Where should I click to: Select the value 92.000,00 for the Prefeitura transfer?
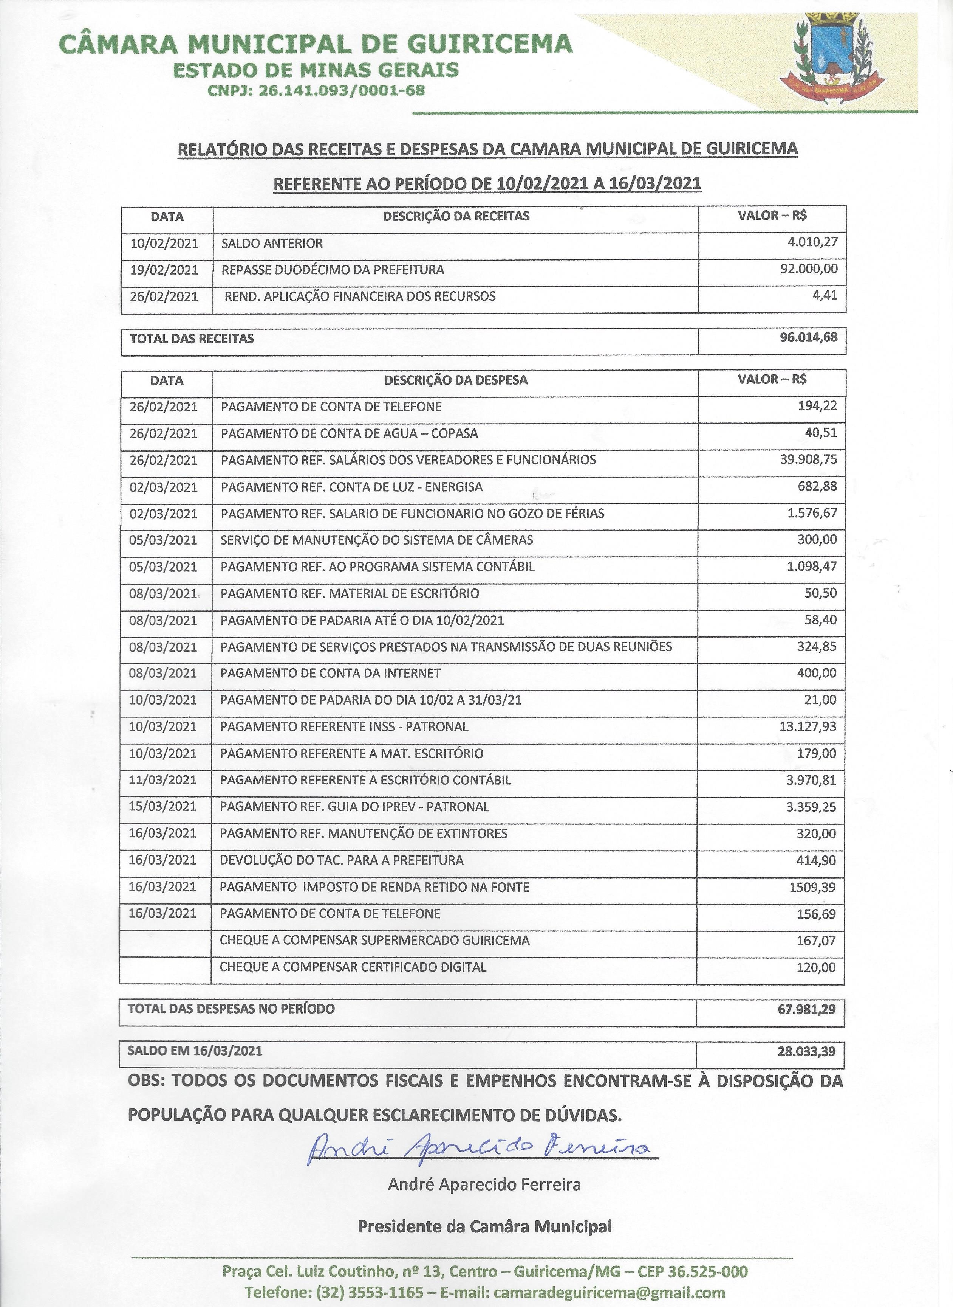[x=808, y=269]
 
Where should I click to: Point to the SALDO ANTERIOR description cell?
[x=272, y=243]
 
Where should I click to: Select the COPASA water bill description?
[x=349, y=433]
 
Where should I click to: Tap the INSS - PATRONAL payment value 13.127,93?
[x=807, y=726]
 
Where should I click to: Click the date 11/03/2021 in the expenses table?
[x=163, y=779]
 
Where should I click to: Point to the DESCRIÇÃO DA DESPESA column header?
[x=456, y=380]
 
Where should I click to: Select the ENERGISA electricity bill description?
[x=351, y=487]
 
